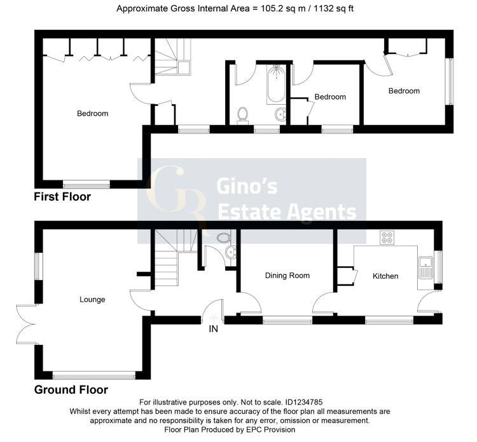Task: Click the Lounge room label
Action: tap(92, 299)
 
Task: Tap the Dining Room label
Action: tap(287, 276)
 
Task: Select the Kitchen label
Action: tap(385, 276)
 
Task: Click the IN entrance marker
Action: tap(213, 329)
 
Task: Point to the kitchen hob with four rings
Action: tap(387, 238)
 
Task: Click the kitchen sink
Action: tap(425, 267)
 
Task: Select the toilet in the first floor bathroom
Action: tap(242, 115)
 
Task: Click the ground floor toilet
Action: tap(223, 238)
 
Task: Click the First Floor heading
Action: tap(62, 197)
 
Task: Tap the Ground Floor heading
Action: tap(71, 390)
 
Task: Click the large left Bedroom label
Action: tap(93, 114)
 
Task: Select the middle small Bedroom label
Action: tap(330, 97)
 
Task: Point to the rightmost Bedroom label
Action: tap(404, 91)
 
